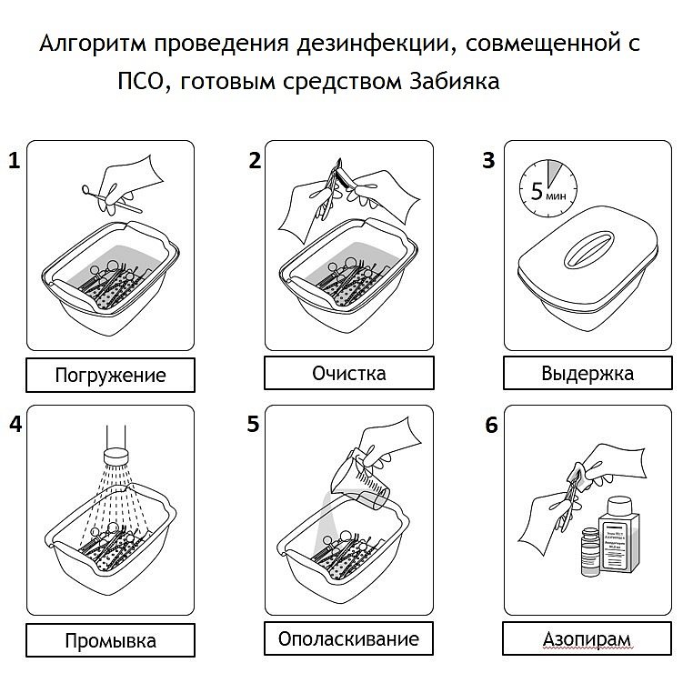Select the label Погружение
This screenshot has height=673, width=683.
[111, 375]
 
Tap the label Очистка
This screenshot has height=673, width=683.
[348, 373]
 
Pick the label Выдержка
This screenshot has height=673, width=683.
[588, 373]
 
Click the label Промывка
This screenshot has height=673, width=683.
[110, 640]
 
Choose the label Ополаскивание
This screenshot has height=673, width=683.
[349, 638]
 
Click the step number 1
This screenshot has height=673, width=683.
[13, 163]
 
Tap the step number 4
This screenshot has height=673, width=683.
[13, 424]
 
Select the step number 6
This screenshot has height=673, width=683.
[491, 426]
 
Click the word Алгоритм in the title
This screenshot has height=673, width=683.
[87, 45]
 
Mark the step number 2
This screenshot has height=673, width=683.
[255, 161]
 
